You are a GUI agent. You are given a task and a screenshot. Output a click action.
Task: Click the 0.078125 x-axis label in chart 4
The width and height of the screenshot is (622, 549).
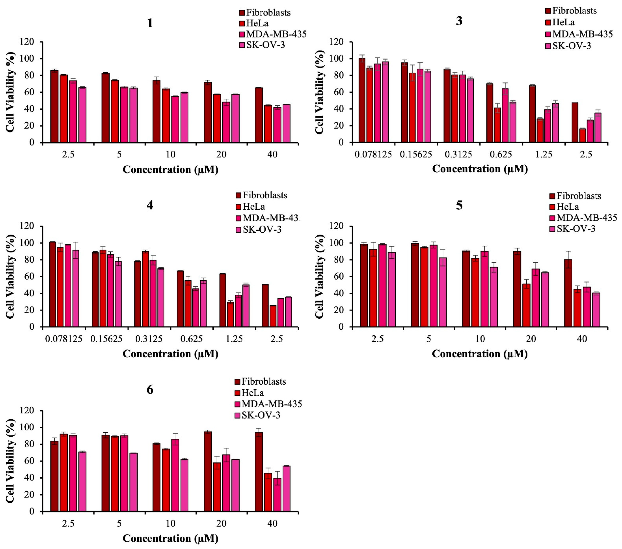(x=64, y=339)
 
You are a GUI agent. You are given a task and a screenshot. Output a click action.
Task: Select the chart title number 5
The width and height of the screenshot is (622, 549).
(x=459, y=206)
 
